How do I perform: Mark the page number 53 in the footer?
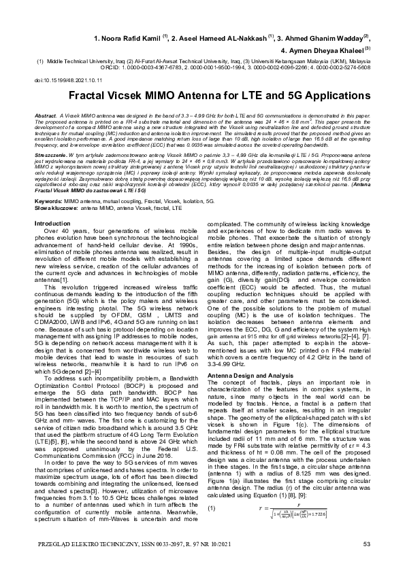366,543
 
